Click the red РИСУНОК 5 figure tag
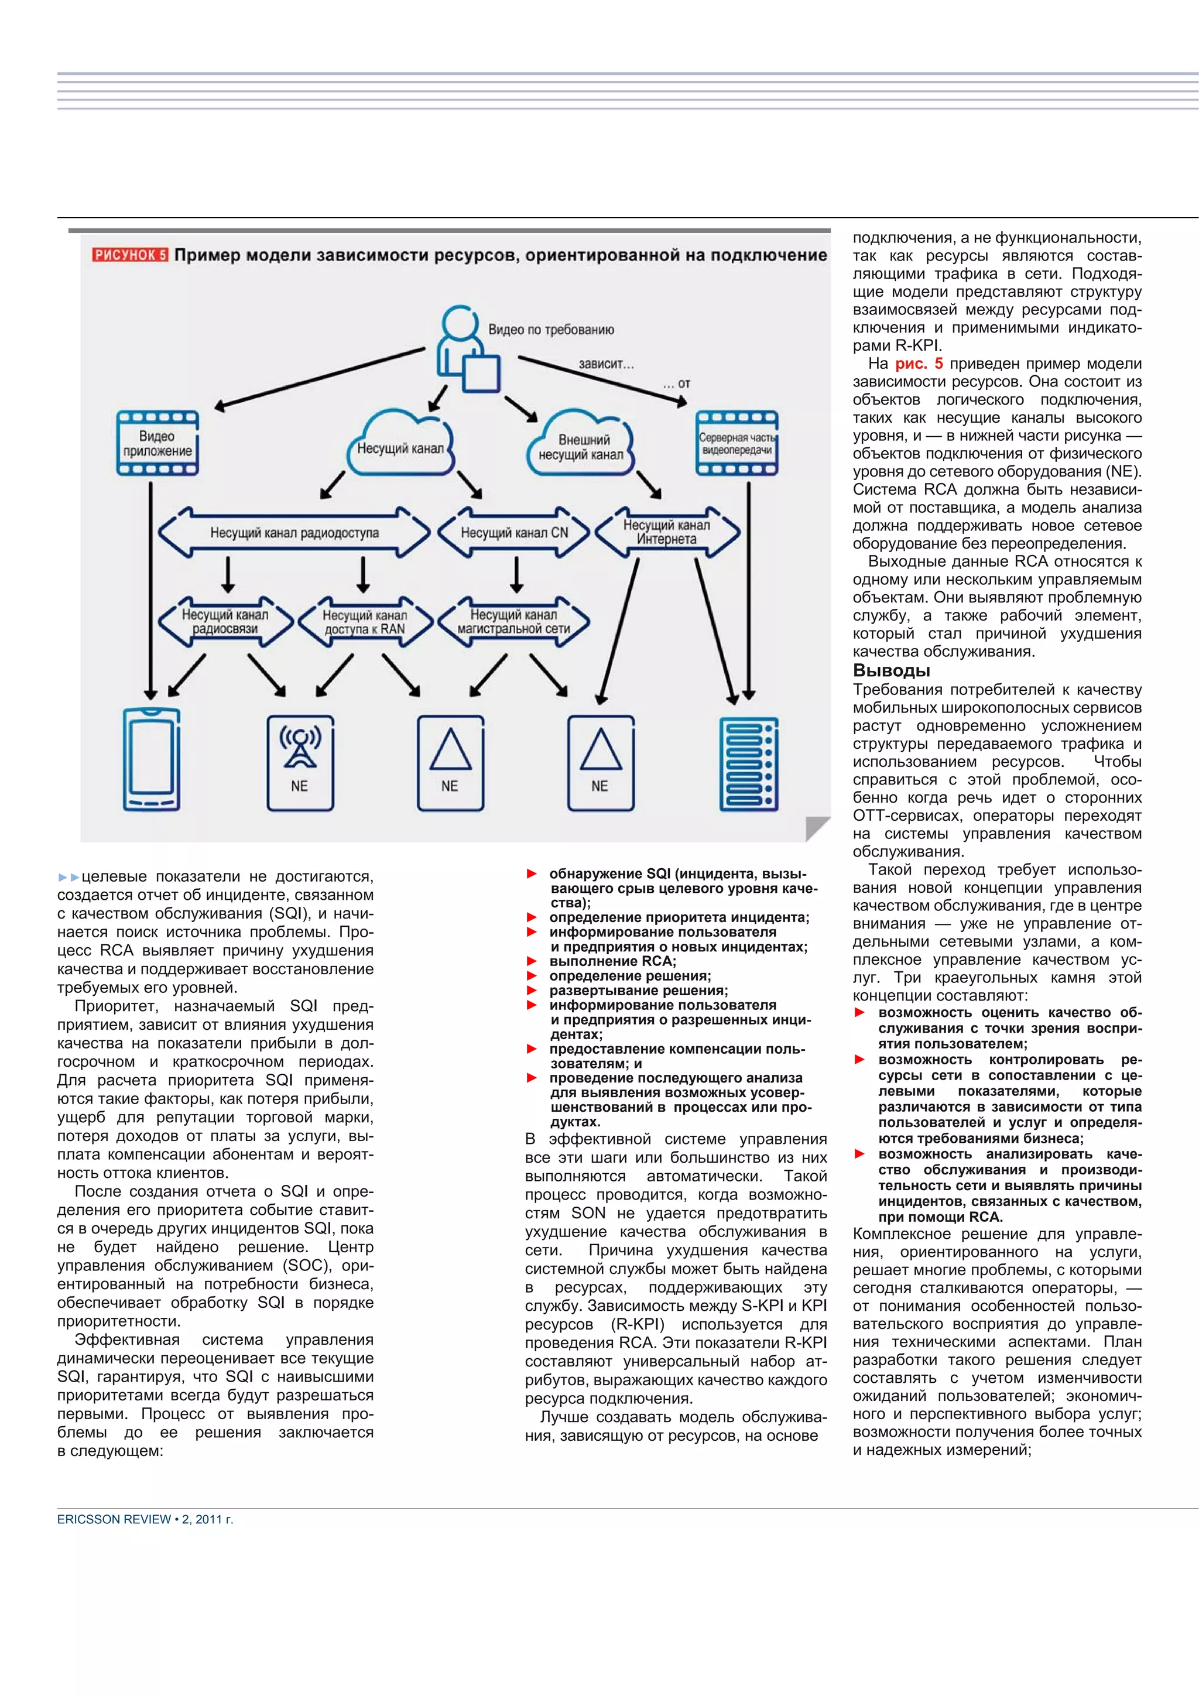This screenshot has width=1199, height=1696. [130, 255]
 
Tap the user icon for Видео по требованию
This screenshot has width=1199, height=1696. [467, 349]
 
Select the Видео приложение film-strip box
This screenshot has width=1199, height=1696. [157, 443]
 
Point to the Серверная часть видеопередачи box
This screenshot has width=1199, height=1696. [736, 443]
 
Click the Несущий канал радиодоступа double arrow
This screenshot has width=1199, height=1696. [294, 532]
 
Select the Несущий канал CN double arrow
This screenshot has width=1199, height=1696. [514, 532]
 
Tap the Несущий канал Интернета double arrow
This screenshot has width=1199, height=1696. [666, 532]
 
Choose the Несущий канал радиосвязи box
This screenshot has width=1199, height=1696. [225, 622]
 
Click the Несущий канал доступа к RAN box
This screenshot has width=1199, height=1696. [365, 622]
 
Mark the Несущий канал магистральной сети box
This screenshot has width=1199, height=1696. [514, 622]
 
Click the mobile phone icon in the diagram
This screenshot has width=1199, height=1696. [152, 760]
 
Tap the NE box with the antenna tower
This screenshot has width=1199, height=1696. [300, 763]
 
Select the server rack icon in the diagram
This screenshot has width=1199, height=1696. [748, 763]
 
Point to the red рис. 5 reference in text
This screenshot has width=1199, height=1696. [918, 364]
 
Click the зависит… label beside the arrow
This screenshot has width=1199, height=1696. [606, 364]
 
